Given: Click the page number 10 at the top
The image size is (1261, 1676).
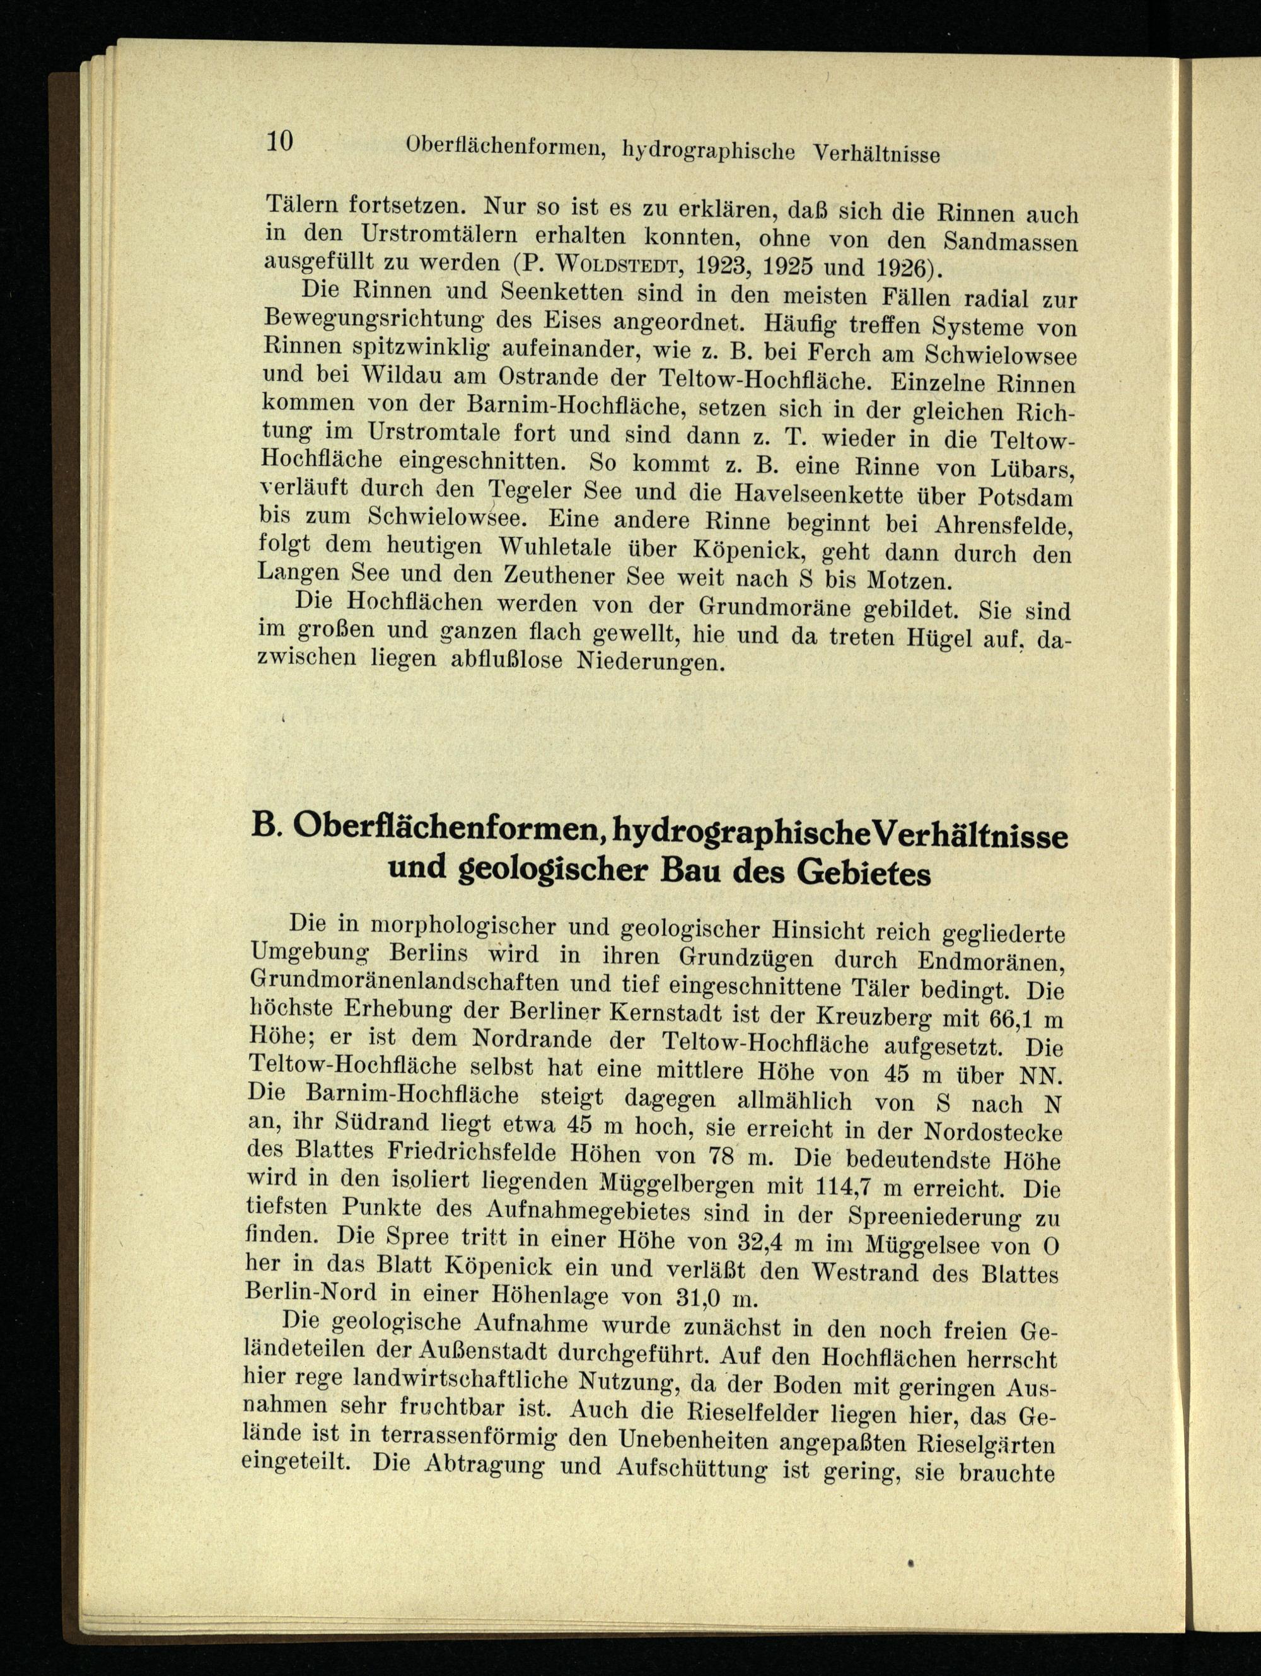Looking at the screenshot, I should [x=280, y=141].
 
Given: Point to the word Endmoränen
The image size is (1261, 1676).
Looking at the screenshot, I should [x=991, y=963].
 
